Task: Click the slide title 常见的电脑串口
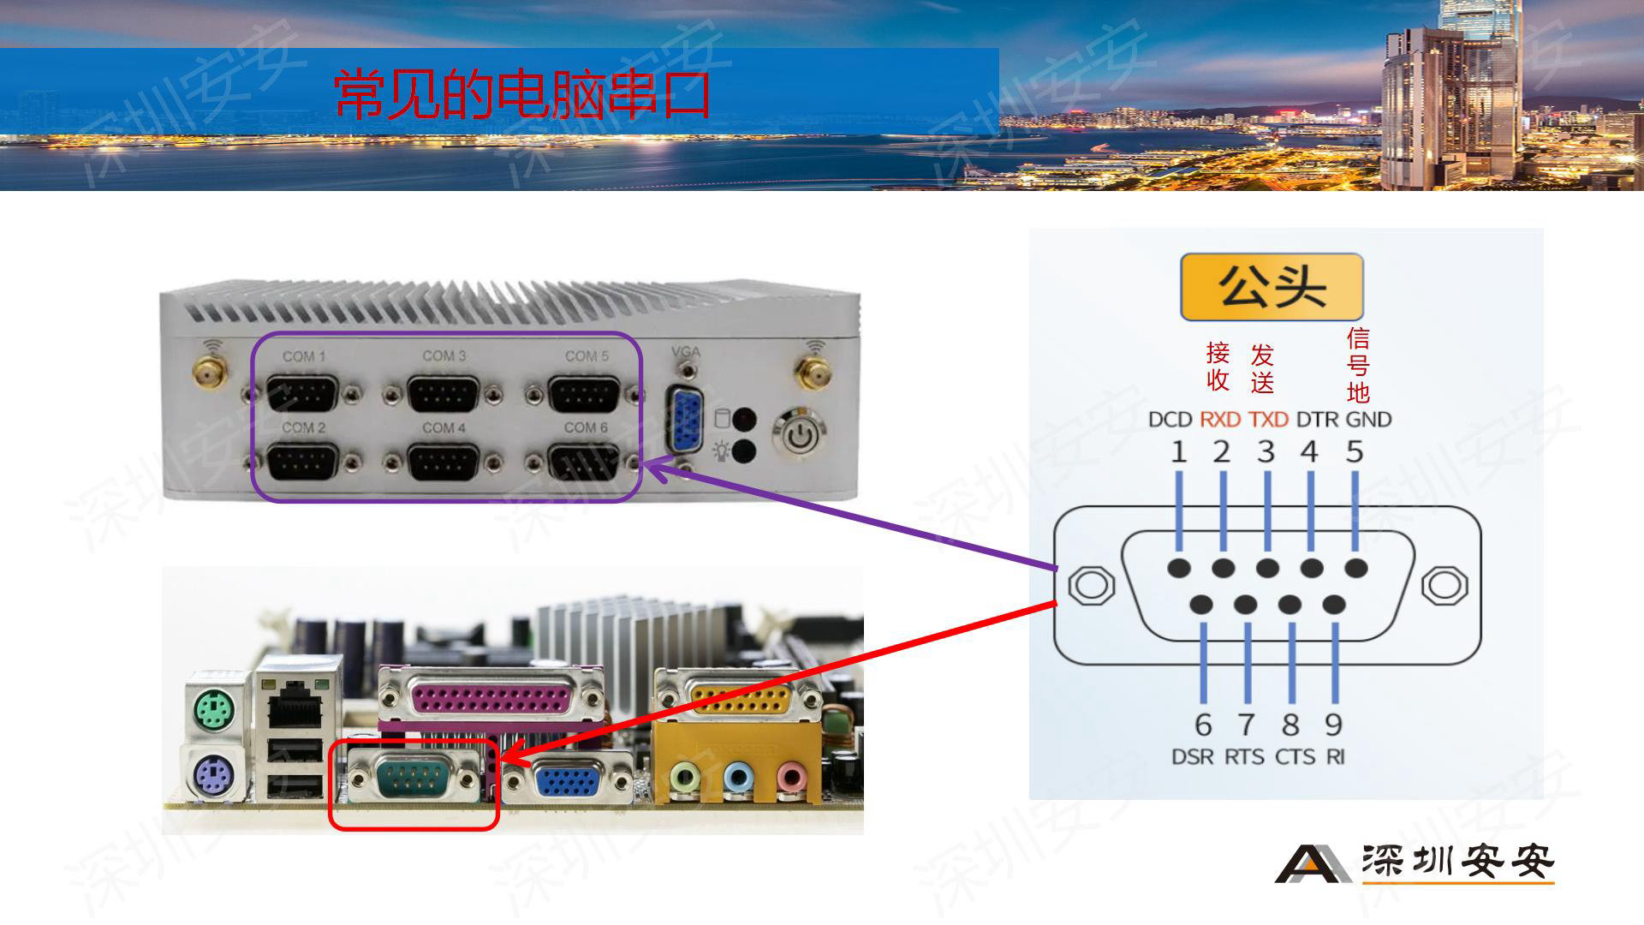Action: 522,94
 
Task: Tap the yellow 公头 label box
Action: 1272,287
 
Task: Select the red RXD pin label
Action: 1220,420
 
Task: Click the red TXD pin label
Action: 1268,420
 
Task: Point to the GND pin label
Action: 1368,420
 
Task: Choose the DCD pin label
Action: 1170,420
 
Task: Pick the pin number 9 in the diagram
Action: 1333,725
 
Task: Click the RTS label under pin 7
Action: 1244,757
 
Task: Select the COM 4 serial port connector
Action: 443,463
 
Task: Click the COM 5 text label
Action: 587,355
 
